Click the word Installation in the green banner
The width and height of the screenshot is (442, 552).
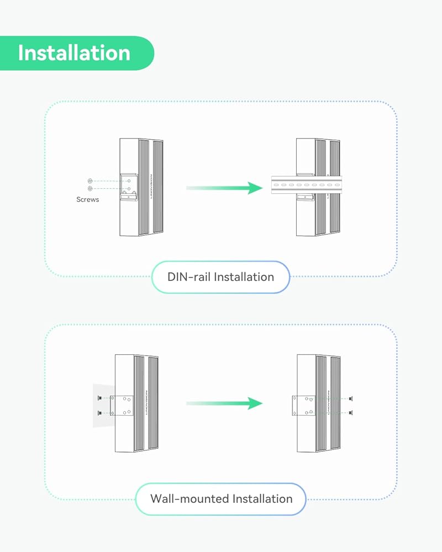pos(74,53)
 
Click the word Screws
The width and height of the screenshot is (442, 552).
pos(87,199)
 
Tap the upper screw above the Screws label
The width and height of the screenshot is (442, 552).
pos(90,181)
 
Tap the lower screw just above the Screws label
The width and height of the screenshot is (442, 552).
pos(90,188)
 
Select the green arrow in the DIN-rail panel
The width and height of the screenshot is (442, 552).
pos(224,188)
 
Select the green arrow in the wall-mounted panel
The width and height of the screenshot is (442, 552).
pos(224,404)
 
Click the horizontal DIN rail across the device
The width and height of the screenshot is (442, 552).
pos(306,185)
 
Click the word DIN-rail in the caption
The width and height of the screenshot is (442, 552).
pos(189,277)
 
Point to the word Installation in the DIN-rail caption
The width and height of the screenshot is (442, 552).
pos(244,277)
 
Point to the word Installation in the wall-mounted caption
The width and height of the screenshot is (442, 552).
pos(262,499)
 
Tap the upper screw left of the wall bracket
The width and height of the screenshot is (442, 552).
pos(99,398)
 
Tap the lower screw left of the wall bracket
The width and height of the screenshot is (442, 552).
pos(99,412)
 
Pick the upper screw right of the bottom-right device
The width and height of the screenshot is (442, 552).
pos(350,399)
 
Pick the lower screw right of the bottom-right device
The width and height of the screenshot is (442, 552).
pos(350,412)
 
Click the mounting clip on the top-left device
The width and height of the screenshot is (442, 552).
pos(129,187)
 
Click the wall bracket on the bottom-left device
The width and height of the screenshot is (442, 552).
pos(122,406)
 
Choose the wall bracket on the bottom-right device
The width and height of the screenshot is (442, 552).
pos(303,406)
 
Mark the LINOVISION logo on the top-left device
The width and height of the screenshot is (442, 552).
pos(151,186)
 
